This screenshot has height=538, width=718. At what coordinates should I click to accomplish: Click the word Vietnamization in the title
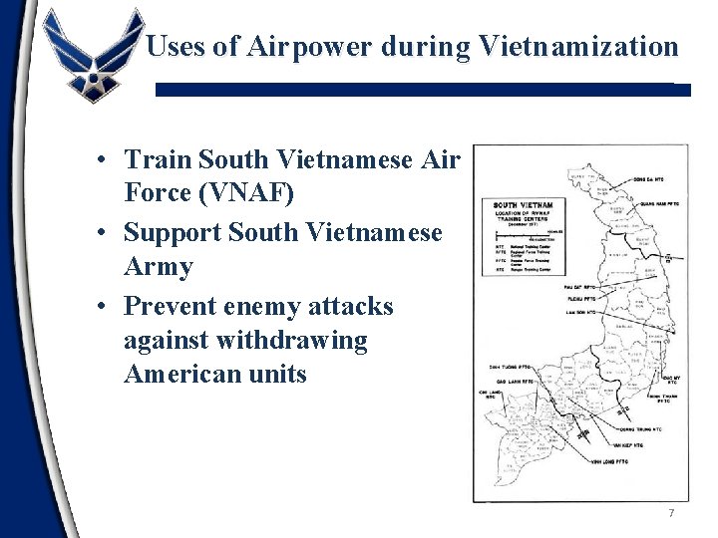click(579, 46)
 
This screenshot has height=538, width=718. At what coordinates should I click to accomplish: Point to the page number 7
click(671, 513)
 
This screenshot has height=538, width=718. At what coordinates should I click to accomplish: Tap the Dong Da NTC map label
click(653, 180)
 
